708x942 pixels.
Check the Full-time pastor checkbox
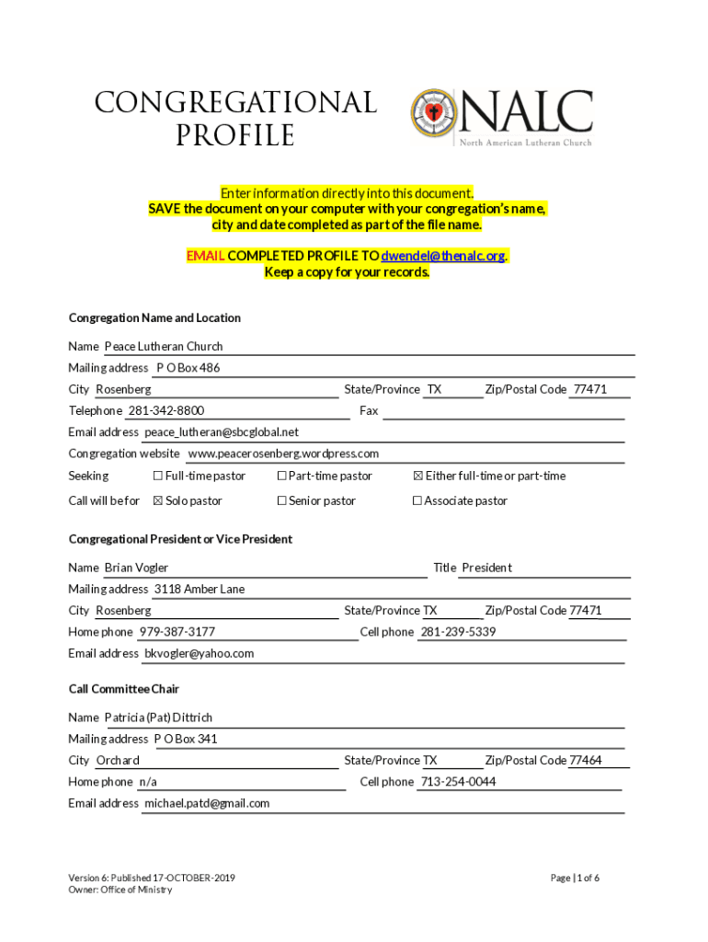click(x=157, y=476)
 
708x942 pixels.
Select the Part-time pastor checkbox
click(x=282, y=476)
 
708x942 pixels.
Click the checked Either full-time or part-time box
click(x=418, y=476)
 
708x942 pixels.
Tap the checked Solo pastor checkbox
click(x=157, y=500)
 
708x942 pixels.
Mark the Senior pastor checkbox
click(x=282, y=500)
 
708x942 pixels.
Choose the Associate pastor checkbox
click(x=417, y=500)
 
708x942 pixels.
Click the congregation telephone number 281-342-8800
click(x=166, y=410)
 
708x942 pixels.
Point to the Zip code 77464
click(x=586, y=760)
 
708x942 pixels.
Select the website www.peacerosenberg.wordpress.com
click(x=283, y=454)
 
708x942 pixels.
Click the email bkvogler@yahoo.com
click(x=200, y=653)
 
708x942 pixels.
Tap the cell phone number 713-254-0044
click(x=458, y=782)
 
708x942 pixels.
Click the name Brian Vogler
click(x=136, y=568)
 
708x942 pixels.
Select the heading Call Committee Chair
click(x=124, y=689)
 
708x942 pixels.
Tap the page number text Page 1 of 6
click(x=575, y=878)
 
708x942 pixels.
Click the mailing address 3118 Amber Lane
click(x=200, y=589)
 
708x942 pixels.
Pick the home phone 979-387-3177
click(x=177, y=632)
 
